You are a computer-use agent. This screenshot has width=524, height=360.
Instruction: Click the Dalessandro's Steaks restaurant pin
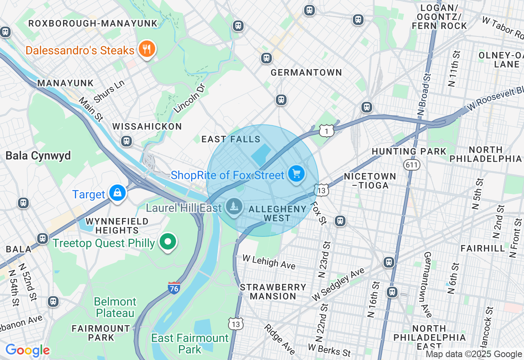point(146,49)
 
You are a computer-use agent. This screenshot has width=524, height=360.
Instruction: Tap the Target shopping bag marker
point(117,193)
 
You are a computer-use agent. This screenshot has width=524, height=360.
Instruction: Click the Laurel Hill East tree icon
point(234,207)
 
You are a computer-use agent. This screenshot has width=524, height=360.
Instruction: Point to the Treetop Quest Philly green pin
point(168,242)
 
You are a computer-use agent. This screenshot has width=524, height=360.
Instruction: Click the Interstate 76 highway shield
point(174,288)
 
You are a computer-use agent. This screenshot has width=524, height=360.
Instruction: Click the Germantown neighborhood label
point(306,72)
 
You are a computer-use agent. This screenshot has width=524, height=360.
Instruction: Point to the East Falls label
point(231,139)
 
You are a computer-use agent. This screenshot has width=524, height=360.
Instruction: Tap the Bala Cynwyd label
point(38,156)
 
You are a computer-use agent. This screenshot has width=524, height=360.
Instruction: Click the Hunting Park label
point(409,151)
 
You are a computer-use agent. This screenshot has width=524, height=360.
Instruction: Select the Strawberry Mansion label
point(273,292)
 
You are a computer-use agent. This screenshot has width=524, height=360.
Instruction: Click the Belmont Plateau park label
point(115,307)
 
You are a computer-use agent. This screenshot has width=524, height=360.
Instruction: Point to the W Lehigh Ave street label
point(269,262)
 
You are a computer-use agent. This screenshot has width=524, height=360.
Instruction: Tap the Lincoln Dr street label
point(189,98)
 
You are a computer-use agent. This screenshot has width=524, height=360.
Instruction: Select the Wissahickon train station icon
point(126,141)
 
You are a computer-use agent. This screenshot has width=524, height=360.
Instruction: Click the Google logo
point(27,350)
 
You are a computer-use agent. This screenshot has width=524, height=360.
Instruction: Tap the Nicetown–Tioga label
point(370,181)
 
